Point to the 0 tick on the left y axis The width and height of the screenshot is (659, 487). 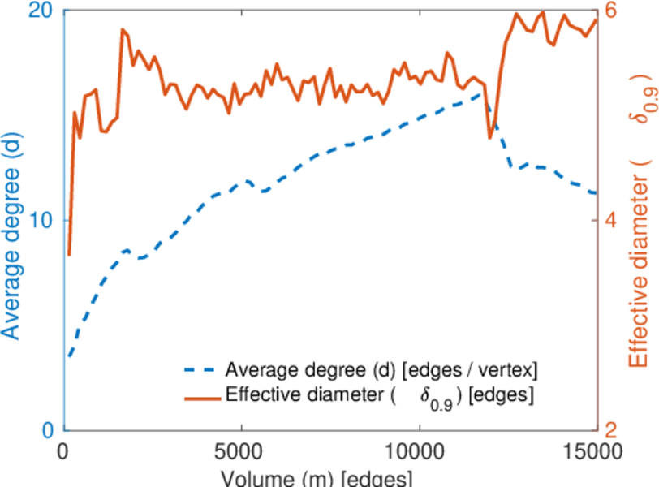tap(47, 430)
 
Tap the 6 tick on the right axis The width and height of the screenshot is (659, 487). tap(609, 11)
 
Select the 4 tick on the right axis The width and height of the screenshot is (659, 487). tap(609, 221)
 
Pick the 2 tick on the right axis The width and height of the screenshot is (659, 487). tap(609, 430)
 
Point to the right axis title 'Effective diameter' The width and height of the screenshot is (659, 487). tap(641, 260)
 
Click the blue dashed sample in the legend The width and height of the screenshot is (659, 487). tap(200, 371)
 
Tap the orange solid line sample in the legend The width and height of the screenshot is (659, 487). tap(200, 397)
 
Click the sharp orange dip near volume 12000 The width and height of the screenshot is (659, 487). tap(490, 138)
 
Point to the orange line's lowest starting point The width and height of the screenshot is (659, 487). tap(70, 255)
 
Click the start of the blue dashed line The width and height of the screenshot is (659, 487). tap(70, 356)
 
